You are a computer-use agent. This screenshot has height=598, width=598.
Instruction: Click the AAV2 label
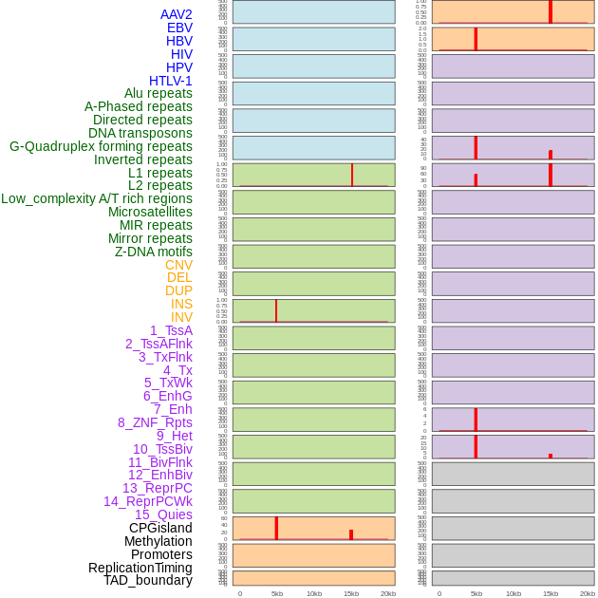(176, 14)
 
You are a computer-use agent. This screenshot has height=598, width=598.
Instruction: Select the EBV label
(179, 28)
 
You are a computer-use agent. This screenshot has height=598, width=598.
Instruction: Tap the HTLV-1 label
(170, 81)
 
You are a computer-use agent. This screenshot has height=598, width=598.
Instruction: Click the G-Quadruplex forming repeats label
(101, 146)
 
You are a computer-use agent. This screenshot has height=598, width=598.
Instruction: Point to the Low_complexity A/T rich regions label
(96, 198)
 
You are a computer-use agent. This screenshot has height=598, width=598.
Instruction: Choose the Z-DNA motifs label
(153, 252)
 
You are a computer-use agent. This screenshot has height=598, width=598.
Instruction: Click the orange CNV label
(178, 265)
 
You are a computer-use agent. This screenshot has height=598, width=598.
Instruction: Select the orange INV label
(181, 317)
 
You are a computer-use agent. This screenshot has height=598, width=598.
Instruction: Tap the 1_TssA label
(171, 330)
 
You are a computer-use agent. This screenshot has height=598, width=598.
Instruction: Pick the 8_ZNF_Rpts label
(155, 422)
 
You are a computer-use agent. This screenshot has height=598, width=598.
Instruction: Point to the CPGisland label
(160, 528)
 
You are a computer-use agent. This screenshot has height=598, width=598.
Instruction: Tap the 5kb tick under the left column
(277, 593)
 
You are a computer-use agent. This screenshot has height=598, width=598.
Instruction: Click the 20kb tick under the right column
(588, 593)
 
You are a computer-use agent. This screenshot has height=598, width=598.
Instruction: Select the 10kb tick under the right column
(514, 593)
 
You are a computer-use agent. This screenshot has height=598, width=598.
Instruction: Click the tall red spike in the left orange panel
(276, 528)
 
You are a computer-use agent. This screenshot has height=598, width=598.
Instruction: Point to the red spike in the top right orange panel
(551, 11)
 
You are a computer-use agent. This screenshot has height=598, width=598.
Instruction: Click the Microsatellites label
(150, 212)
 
